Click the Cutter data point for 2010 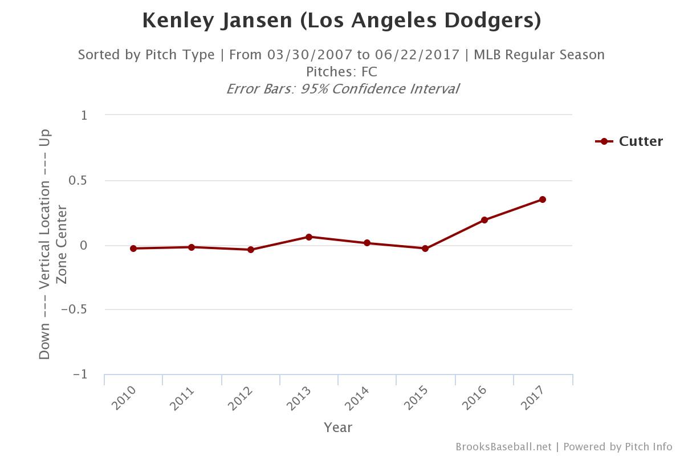pos(133,249)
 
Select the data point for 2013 pos(308,237)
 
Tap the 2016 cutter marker pos(484,220)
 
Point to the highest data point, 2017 pos(543,199)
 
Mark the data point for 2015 pos(425,249)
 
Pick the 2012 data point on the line pos(251,250)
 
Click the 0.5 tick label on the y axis pos(79,181)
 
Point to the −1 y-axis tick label pos(80,374)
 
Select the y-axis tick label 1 pos(84,116)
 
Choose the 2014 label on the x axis pos(357,398)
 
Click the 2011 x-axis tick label pos(182,398)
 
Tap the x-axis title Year pos(338,427)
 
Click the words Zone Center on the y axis pos(62,245)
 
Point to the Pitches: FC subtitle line pos(341,72)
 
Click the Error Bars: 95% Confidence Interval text pos(342,89)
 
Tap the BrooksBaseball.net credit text pos(503,447)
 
